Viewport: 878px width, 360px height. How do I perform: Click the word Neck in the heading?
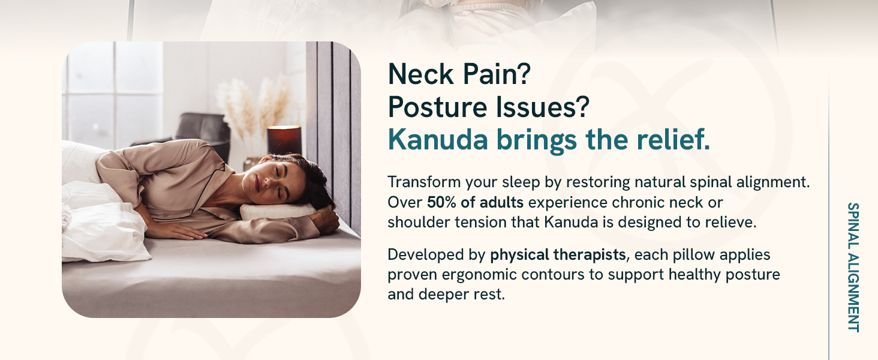tap(420, 74)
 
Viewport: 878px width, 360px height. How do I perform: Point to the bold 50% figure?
tap(441, 202)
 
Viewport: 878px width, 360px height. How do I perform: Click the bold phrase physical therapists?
tap(558, 255)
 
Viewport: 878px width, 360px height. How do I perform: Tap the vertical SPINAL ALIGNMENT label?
tap(853, 268)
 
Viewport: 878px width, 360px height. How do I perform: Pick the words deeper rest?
tap(461, 295)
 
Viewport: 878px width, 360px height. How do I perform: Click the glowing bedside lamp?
tap(284, 140)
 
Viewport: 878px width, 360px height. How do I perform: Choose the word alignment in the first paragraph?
tap(773, 182)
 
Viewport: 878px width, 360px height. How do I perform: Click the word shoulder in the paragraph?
tap(419, 223)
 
